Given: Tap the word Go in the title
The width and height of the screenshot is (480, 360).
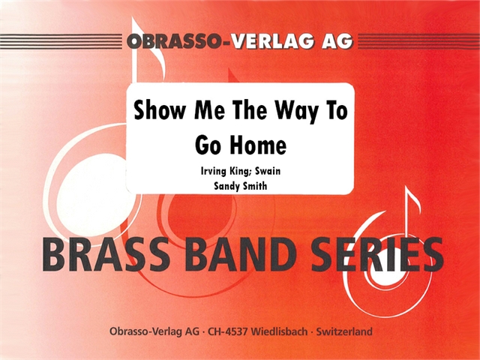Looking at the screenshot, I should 203,142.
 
